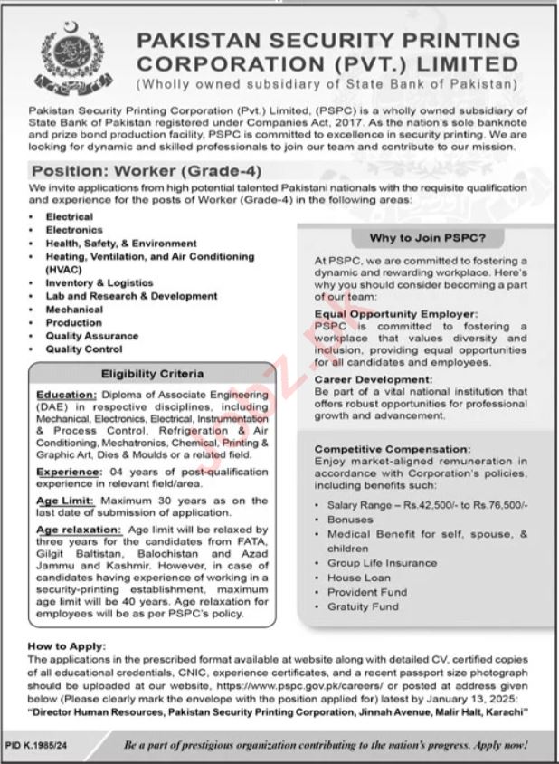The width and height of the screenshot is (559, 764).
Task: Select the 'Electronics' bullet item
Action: [x=76, y=230]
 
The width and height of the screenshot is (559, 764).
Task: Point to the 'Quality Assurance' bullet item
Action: [x=91, y=335]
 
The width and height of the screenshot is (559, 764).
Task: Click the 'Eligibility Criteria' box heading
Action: [x=152, y=373]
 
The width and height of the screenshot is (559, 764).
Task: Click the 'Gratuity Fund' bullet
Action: [x=362, y=606]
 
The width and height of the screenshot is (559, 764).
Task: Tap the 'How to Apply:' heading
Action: [x=67, y=647]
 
